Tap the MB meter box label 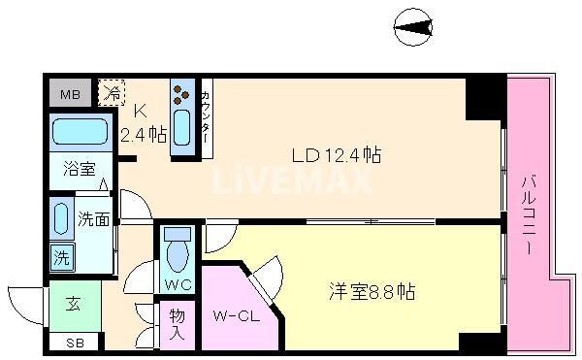70,94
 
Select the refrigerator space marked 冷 113,94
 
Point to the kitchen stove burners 181,94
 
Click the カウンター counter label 208,116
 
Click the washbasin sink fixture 61,220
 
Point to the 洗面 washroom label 91,219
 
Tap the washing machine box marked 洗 60,258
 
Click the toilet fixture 178,253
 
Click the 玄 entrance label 73,305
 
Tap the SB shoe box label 74,343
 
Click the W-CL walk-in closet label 233,315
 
